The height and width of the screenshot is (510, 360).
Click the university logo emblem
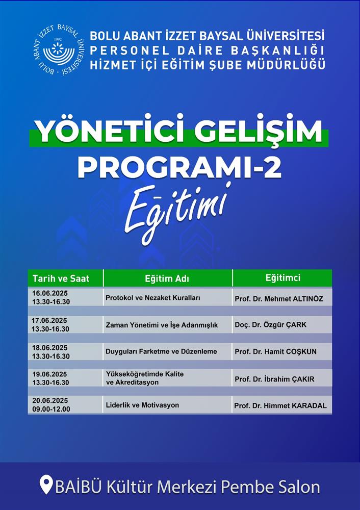coord(59,50)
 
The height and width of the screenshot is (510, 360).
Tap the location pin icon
coord(46,486)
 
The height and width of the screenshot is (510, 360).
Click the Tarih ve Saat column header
coord(61,278)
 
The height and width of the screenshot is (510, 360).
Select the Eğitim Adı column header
coord(167,279)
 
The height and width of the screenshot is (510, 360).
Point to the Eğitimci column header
coord(283,278)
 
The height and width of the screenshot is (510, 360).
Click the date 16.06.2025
coord(50,293)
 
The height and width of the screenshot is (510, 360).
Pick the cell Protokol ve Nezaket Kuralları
coord(153,298)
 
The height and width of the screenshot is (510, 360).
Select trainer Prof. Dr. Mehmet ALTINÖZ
coord(279,298)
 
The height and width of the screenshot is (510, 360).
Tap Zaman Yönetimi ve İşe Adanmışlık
coord(162,325)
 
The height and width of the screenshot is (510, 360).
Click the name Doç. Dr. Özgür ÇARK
coord(271,324)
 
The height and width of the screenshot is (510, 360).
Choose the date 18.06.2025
coord(50,348)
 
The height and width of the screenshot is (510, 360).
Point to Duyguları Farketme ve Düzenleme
coord(161,351)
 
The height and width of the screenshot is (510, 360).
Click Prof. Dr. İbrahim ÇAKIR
coord(274,379)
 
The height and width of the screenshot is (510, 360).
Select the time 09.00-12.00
coord(51,409)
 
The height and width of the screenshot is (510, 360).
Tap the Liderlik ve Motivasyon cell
coord(142,405)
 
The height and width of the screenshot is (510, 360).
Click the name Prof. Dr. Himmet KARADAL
coord(280,405)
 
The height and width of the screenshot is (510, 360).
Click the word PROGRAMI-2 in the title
coord(179,167)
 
